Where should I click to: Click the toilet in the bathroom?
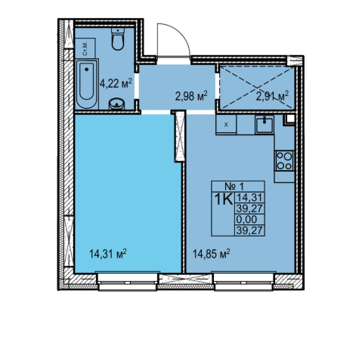tap(118, 39)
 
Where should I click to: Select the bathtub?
tap(87, 84)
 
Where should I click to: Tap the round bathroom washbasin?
tap(116, 104)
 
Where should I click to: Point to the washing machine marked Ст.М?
tap(85, 48)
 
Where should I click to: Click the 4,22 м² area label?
tap(116, 83)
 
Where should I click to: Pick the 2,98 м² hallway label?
tap(191, 96)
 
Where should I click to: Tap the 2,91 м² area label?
tap(272, 96)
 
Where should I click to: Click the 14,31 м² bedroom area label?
tap(108, 254)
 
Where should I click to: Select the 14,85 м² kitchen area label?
tap(212, 254)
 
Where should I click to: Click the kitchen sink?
tap(264, 125)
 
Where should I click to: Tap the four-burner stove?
tap(284, 161)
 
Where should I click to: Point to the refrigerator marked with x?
tap(226, 125)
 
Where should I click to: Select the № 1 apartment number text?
tap(234, 187)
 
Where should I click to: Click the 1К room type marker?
tap(223, 200)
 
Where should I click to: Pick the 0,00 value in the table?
tap(246, 219)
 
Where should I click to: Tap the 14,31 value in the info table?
tap(249, 197)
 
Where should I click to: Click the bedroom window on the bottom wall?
tap(128, 281)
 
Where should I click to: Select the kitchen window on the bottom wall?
tap(243, 281)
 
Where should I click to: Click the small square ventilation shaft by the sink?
tap(289, 119)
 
